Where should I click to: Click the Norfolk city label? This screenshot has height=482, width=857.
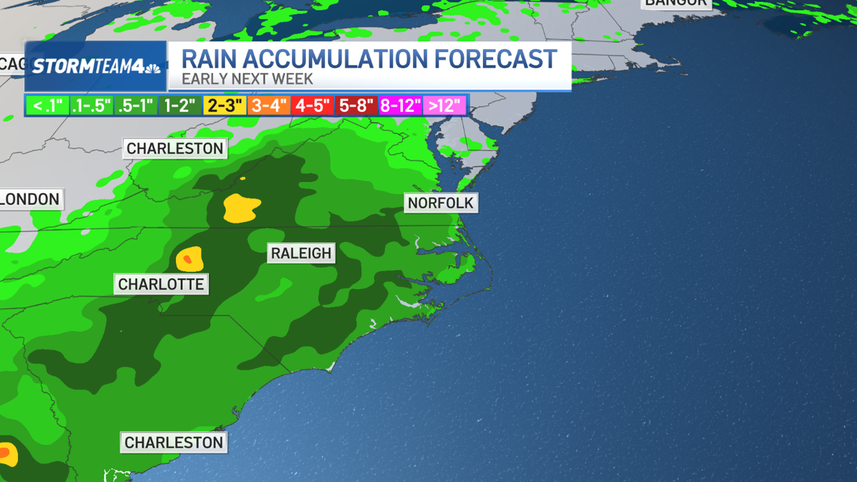[x=440, y=203]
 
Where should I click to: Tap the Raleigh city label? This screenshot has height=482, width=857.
[x=301, y=254]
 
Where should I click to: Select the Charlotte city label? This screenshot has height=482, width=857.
[x=161, y=284]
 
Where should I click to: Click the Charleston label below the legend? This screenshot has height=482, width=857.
[x=175, y=149]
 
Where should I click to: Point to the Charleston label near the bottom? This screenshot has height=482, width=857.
[x=174, y=443]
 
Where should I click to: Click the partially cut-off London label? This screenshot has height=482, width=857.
[x=30, y=200]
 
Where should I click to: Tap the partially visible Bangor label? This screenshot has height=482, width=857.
[x=676, y=4]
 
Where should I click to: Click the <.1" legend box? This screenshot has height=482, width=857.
[x=47, y=106]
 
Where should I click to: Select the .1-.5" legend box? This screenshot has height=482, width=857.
[x=91, y=106]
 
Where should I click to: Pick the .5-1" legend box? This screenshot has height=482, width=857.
[x=135, y=106]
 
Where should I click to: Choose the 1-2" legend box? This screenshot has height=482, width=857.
[x=180, y=106]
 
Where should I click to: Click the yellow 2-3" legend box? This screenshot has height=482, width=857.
[x=224, y=106]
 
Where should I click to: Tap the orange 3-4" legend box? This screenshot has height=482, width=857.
[x=269, y=106]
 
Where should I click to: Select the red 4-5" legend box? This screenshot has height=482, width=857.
[x=312, y=106]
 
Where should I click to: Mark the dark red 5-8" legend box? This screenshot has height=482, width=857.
[x=357, y=106]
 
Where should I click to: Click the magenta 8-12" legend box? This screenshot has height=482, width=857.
[x=400, y=106]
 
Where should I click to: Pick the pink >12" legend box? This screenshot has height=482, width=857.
[x=444, y=106]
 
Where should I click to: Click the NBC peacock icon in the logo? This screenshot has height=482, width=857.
[x=153, y=68]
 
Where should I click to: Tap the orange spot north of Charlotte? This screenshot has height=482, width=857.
[x=187, y=259]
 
